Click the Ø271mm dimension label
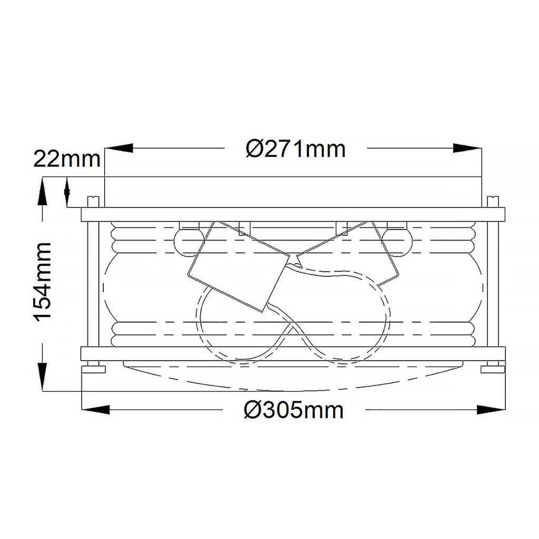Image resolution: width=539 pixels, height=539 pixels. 296,149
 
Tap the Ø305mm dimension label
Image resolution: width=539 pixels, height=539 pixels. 294,410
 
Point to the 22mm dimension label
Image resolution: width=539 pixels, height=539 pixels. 67,159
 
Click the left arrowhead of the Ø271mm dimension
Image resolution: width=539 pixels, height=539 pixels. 119,148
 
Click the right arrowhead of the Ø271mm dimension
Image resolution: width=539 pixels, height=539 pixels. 467,148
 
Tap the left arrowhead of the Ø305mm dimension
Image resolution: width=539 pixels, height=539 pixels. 95,410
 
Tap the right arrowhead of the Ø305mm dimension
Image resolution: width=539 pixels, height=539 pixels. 491,410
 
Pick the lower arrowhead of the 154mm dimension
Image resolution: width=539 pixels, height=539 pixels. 42,376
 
